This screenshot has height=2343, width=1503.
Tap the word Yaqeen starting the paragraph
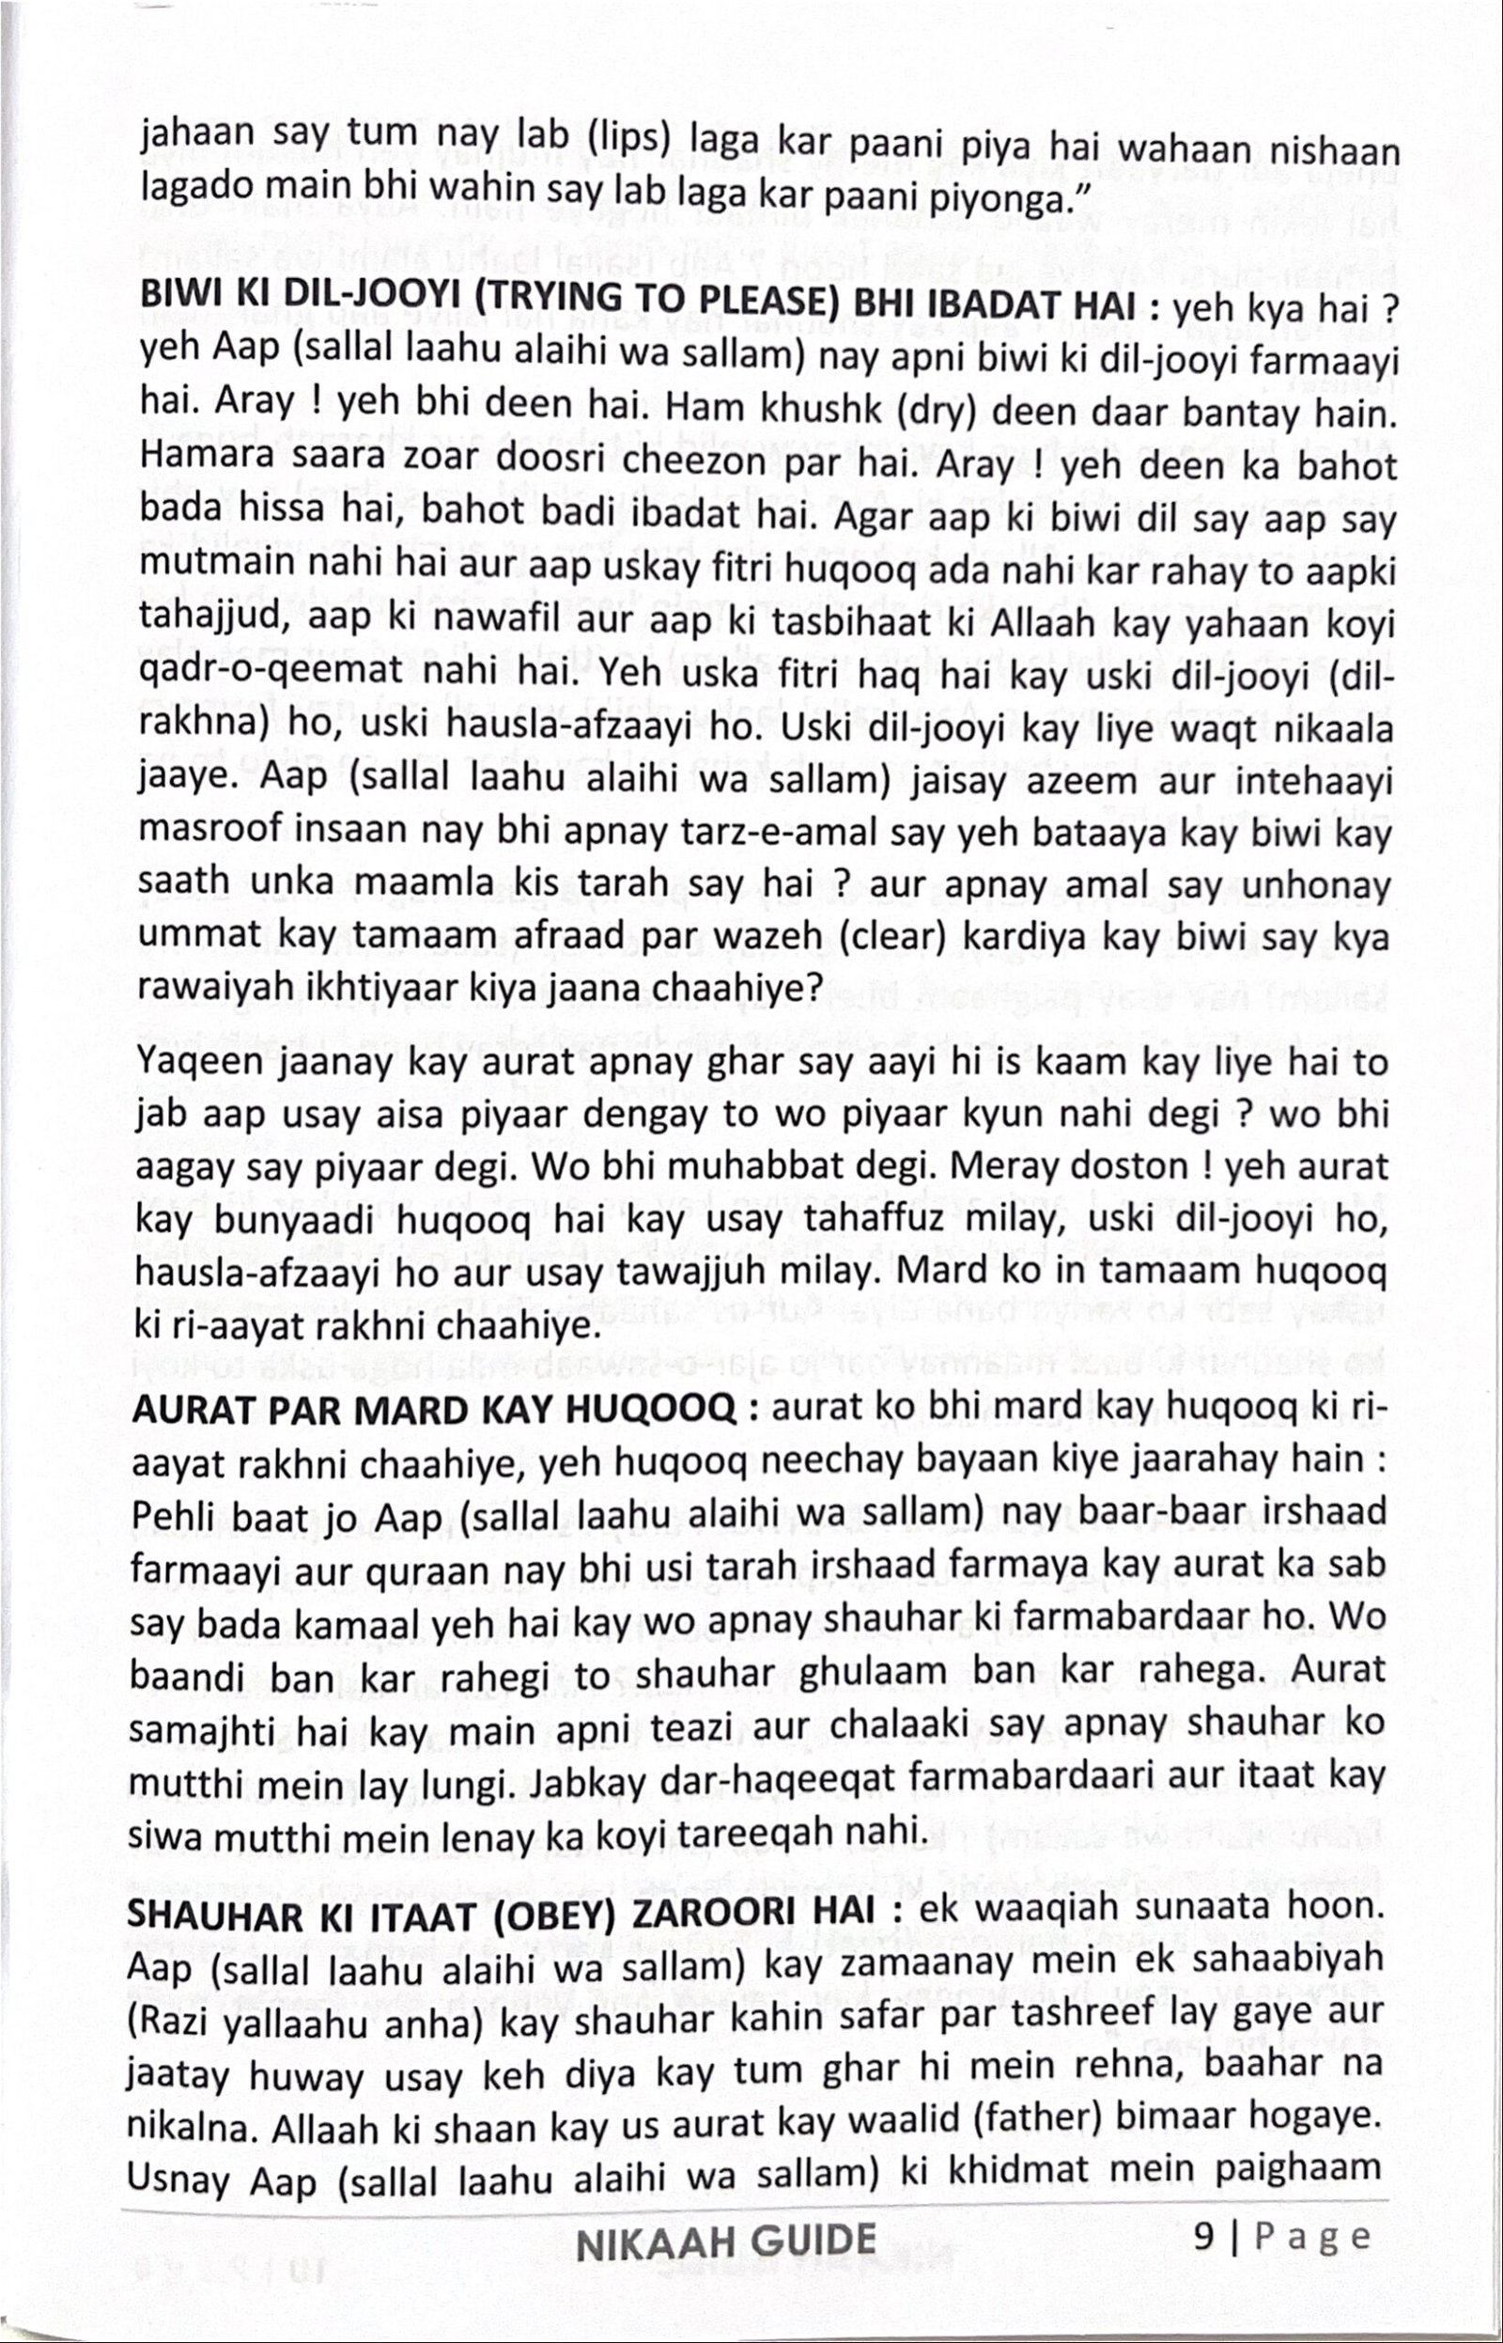[200, 1063]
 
